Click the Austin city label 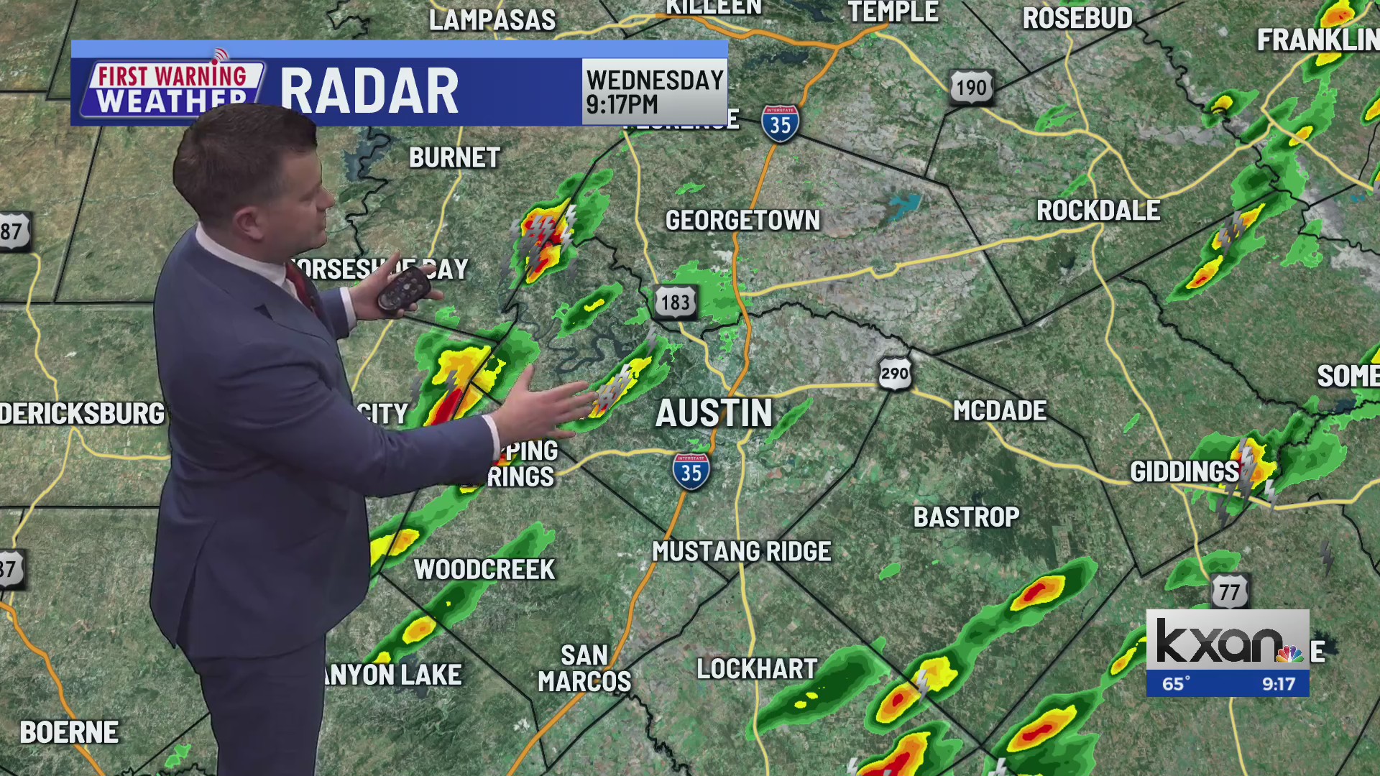pos(714,414)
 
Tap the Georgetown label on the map pos(742,221)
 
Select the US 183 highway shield pos(676,302)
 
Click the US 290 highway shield pos(895,374)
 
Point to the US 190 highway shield pos(971,88)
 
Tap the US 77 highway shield pos(1229,592)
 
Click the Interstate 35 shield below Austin pos(691,472)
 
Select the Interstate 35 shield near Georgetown pos(781,124)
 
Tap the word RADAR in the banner pos(369,92)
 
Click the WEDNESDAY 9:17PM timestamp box pos(654,91)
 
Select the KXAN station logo pos(1227,641)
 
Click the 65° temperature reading pos(1176,683)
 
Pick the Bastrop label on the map pos(966,517)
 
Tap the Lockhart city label pos(757,669)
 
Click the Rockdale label pos(1098,211)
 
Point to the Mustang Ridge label pos(741,552)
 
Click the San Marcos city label pos(584,668)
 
